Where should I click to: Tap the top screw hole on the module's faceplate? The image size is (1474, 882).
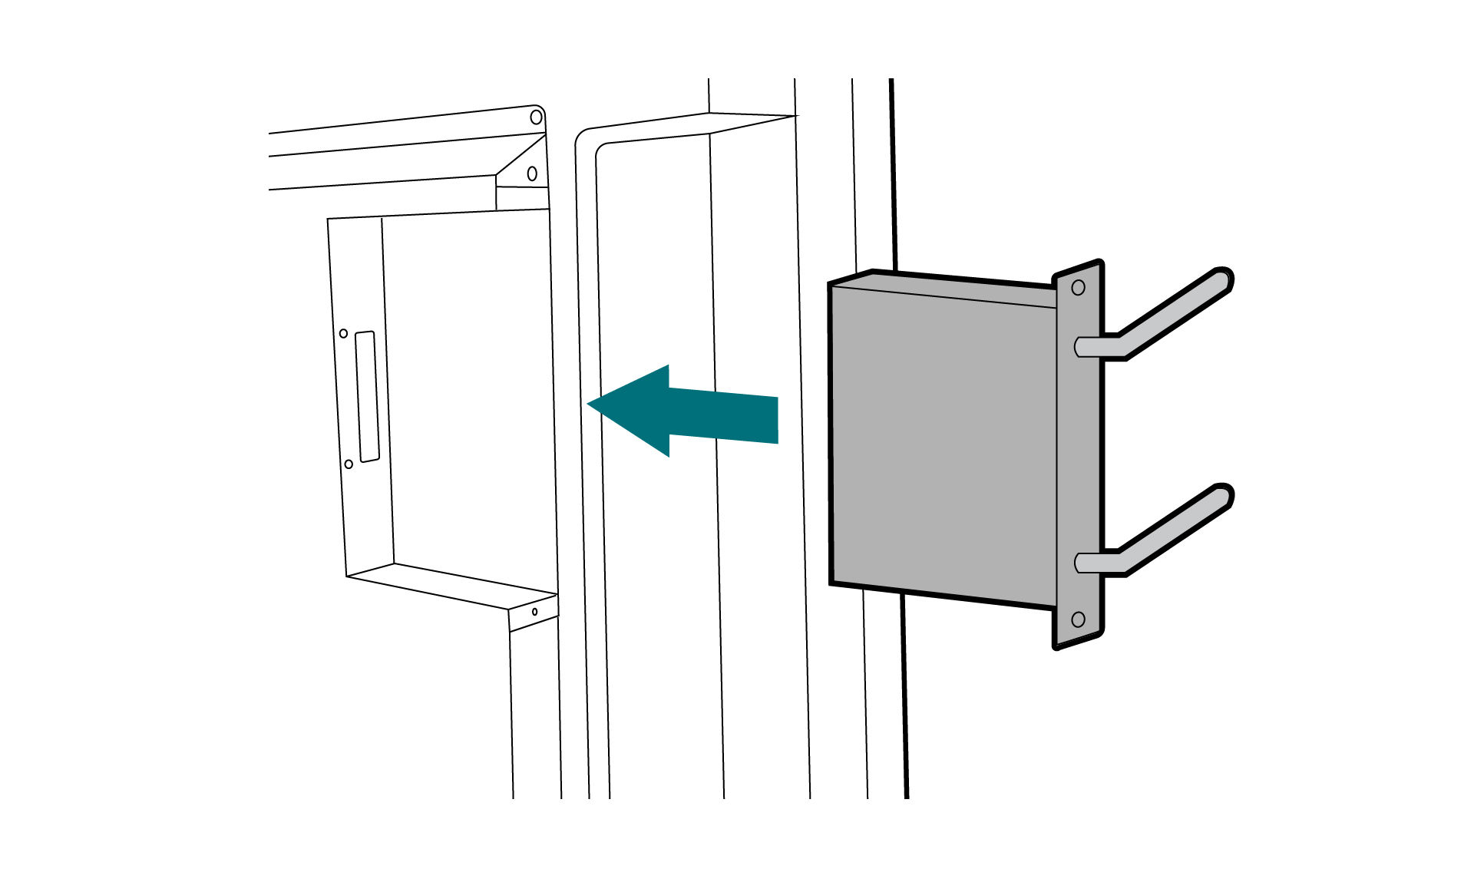point(1078,288)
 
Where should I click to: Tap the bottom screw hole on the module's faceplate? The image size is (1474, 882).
point(1078,619)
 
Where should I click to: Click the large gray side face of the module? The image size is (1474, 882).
point(944,445)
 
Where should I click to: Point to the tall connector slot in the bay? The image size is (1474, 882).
point(368,396)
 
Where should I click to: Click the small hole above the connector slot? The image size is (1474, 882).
point(343,333)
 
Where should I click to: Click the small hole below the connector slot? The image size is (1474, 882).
point(349,464)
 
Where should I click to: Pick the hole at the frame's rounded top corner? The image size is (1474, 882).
point(537,117)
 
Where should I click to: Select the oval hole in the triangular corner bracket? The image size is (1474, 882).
point(532,173)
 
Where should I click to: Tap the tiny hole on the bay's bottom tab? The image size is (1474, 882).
point(535,611)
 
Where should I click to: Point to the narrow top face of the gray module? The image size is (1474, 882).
point(944,289)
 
